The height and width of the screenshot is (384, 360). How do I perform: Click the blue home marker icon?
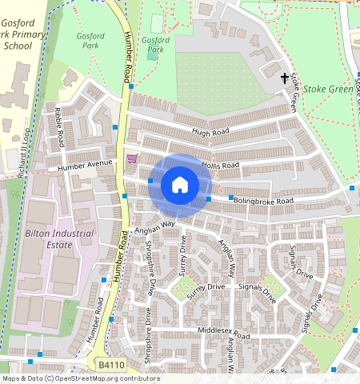(x=180, y=186)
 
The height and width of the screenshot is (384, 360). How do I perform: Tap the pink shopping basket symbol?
(x=132, y=158)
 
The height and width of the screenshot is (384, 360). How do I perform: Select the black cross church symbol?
(x=285, y=78)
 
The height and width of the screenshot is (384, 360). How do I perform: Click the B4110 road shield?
(x=111, y=365)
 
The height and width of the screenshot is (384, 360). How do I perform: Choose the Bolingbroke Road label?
(x=265, y=199)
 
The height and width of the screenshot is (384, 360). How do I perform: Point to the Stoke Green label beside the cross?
(x=328, y=90)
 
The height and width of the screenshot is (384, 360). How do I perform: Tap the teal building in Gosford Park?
(x=153, y=54)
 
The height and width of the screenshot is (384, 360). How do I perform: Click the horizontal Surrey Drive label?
(x=206, y=286)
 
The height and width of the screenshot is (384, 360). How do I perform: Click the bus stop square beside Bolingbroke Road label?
(x=231, y=198)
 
